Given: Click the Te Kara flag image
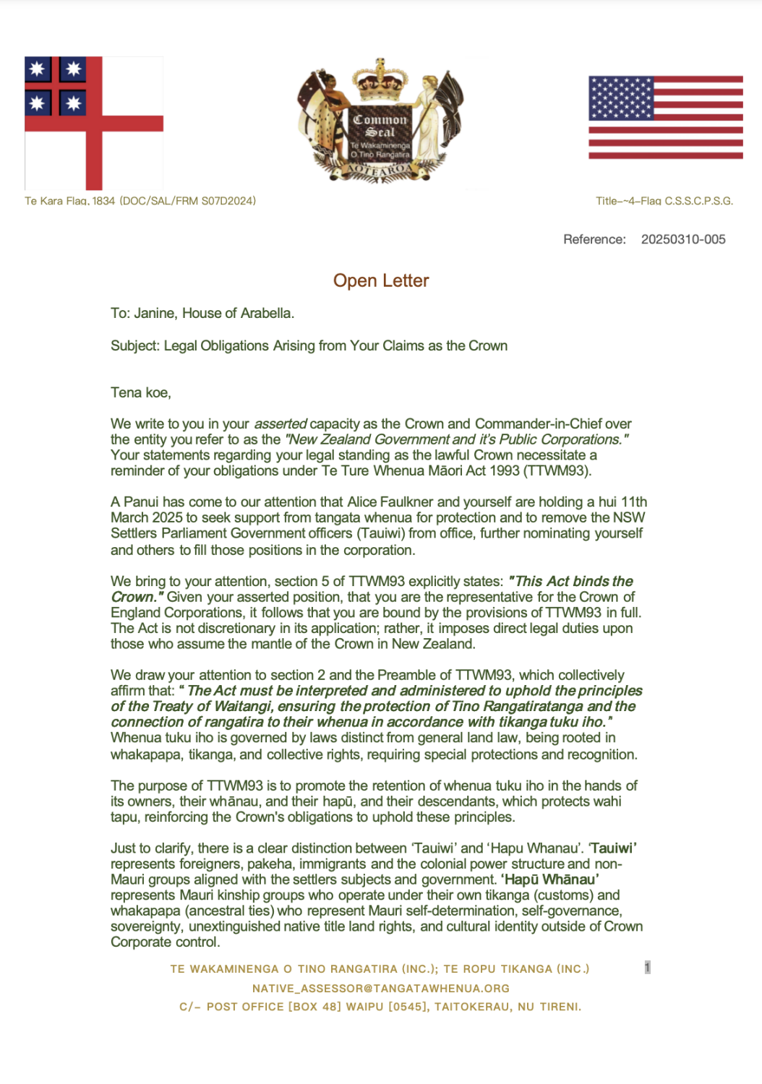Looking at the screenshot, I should coord(94,123).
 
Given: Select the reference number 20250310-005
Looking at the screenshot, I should coord(683,239).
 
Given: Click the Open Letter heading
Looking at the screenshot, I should coord(381,280).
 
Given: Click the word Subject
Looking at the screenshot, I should coord(134,345).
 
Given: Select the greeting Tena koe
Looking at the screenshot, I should coord(140,392).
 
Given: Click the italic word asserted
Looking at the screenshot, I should coord(281,423).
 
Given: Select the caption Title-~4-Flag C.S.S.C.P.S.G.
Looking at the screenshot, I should coord(664,201).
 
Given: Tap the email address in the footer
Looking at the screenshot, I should coord(381,988).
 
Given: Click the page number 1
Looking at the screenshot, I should coord(647,967).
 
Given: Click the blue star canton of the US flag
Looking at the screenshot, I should coord(621,98).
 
